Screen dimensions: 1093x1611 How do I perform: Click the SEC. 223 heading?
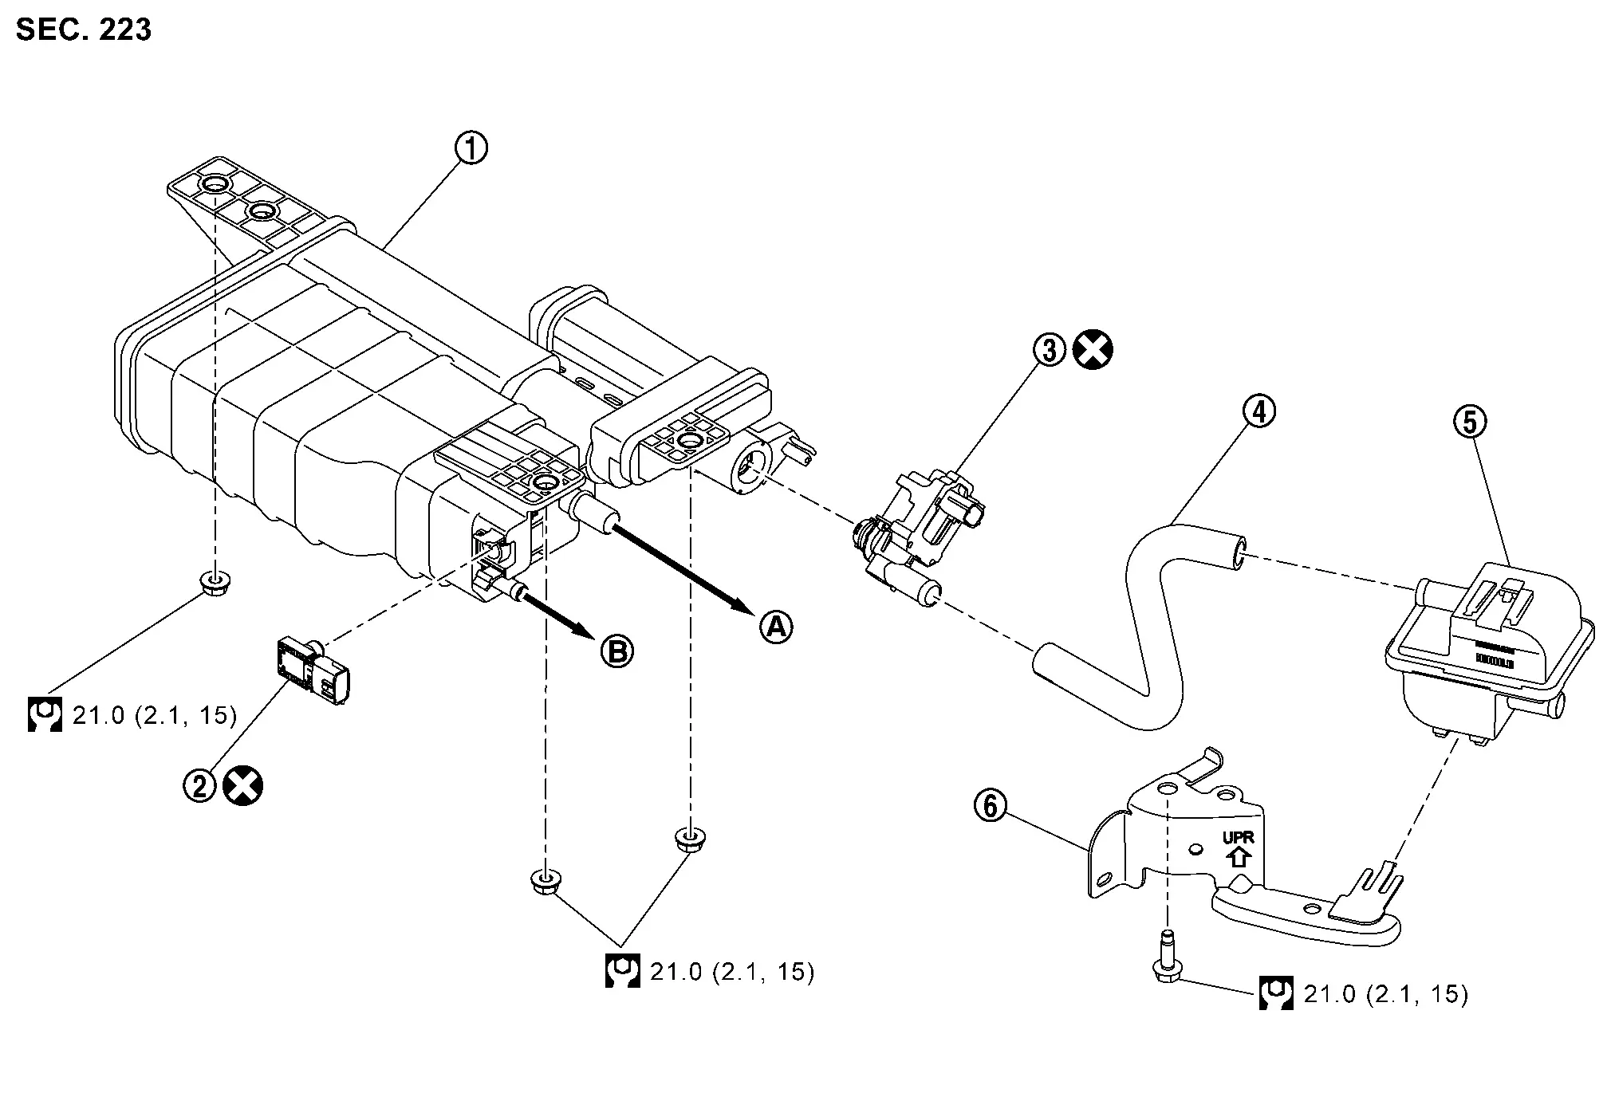pos(84,29)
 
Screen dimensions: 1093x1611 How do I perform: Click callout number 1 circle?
pos(471,148)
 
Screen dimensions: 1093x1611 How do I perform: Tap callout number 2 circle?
pos(200,785)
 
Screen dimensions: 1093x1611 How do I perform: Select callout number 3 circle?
pos(1050,350)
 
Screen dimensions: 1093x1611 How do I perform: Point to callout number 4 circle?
pos(1259,411)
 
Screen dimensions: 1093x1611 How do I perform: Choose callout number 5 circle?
pos(1471,422)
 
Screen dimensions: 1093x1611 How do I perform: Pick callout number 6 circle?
pos(991,806)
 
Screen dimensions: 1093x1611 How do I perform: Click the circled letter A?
pos(775,627)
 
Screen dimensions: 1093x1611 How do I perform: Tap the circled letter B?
pos(616,652)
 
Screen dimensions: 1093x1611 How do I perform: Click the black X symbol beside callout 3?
pos(1093,350)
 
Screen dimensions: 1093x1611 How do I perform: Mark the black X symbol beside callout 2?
pos(243,786)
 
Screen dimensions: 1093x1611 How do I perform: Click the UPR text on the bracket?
pos(1238,838)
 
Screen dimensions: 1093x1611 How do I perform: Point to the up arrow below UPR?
pos(1238,857)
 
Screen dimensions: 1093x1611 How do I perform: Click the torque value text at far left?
pos(155,716)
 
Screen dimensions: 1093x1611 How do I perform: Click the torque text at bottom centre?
pos(732,972)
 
